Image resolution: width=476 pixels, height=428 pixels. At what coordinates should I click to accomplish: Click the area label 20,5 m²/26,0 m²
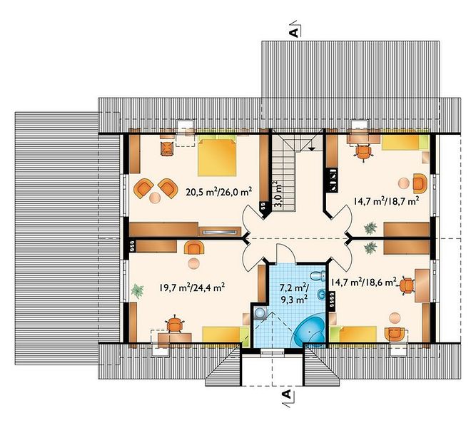[x=219, y=192]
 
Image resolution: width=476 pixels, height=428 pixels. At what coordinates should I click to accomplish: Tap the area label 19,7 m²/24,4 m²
[x=192, y=287]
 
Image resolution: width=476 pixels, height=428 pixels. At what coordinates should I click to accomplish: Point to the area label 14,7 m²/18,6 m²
[x=364, y=282]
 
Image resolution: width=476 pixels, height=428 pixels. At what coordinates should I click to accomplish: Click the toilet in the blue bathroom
[x=318, y=275]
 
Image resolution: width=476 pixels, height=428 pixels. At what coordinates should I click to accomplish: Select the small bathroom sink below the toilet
[x=321, y=294]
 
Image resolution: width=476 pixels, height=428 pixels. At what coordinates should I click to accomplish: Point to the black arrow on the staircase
[x=311, y=148]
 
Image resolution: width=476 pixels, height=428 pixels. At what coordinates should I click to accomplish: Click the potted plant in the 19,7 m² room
[x=138, y=290]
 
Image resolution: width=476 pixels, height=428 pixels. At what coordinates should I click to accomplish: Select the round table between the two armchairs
[x=155, y=198]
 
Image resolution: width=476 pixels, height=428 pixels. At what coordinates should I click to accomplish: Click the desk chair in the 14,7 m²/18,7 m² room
[x=364, y=153]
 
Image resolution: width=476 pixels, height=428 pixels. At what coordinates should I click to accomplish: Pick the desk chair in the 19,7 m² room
[x=174, y=324]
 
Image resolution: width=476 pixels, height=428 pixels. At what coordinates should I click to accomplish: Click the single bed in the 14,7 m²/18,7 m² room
[x=405, y=143]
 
